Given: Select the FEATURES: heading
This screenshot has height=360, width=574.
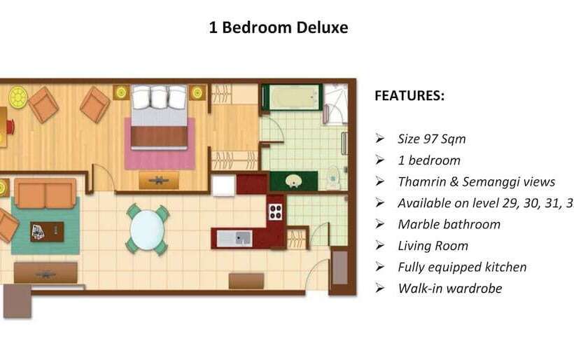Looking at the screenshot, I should coord(409,96).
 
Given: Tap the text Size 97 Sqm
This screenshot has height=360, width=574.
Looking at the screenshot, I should coord(431,139).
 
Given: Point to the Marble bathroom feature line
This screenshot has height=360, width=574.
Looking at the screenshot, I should coord(449,224).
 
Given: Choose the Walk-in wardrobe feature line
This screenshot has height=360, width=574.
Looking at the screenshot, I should coord(449,288).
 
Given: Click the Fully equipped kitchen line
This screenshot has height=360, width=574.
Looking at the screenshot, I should coord(462,267).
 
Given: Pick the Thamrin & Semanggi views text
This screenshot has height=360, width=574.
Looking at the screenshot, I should coord(476,181).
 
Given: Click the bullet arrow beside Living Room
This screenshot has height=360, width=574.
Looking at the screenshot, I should coord(379,246).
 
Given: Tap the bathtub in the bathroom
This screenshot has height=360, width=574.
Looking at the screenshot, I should coord(291,98).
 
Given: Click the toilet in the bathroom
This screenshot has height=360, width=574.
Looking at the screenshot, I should coord(333,178).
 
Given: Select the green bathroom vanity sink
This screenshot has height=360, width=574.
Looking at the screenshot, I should coord(294,181).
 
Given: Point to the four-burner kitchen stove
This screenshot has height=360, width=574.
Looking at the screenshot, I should coord(276,211).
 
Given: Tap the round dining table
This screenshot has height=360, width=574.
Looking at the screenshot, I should coord(147,229).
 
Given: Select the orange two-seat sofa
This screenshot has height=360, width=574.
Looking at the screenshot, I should coord(45,194).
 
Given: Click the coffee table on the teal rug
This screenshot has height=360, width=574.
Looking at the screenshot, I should coord(46,231).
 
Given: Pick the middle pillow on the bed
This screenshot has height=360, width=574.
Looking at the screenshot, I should coord(159,97).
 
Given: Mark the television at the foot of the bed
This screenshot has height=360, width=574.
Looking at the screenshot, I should coord(158,181).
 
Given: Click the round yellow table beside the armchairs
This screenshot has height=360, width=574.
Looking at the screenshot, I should coord(17,97).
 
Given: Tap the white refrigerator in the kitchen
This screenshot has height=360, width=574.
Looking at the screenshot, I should coord(223,186).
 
